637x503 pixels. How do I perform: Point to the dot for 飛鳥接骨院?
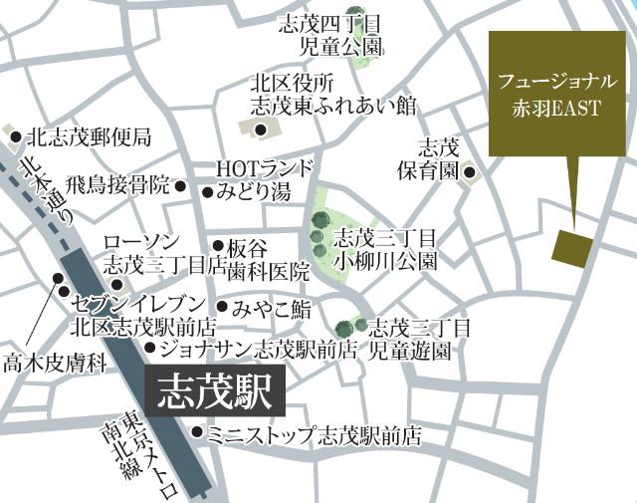(180, 185)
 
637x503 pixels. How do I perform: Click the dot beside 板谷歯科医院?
(218, 245)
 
